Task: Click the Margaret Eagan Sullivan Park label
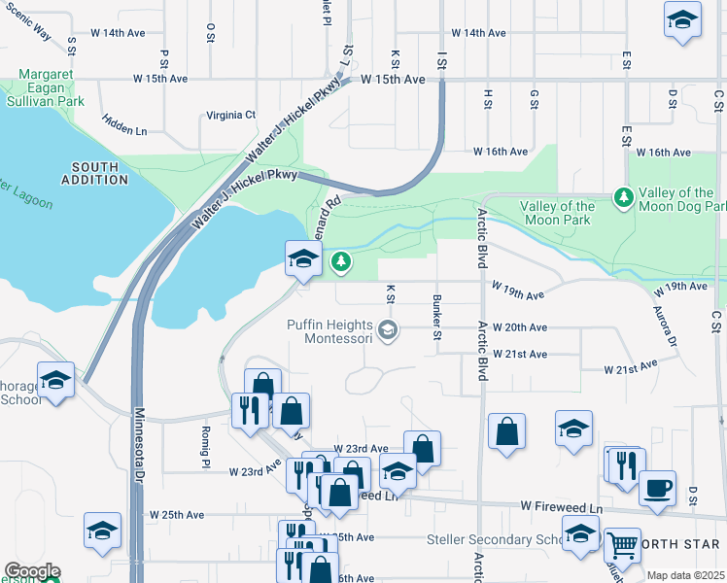(x=52, y=87)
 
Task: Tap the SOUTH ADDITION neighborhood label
(x=95, y=173)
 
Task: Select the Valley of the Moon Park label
(x=557, y=213)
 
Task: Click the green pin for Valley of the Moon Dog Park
(x=623, y=199)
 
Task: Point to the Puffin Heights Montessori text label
(x=329, y=331)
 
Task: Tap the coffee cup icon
(x=657, y=487)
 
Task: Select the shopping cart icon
(x=620, y=545)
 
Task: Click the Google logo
(x=32, y=571)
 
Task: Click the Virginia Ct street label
(x=230, y=115)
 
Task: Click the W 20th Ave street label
(x=520, y=328)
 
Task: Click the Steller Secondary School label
(x=494, y=539)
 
